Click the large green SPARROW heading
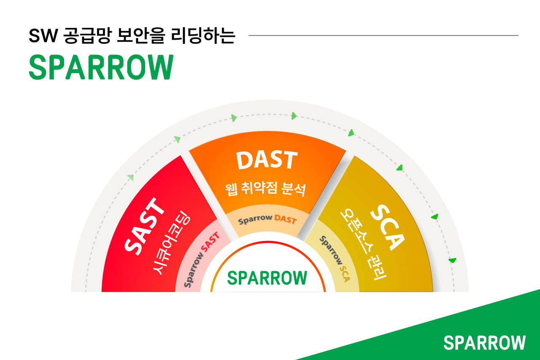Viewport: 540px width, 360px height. click(101, 68)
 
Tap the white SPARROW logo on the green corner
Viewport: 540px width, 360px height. click(484, 343)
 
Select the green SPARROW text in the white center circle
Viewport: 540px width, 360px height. click(267, 277)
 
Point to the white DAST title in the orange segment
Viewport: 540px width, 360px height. click(267, 160)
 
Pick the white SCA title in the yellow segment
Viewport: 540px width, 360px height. click(387, 227)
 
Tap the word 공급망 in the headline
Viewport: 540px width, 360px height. click(86, 36)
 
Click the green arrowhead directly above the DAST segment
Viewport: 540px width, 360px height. click(294, 116)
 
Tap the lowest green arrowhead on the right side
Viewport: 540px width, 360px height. click(452, 260)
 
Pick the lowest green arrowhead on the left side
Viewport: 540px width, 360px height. click(131, 177)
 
